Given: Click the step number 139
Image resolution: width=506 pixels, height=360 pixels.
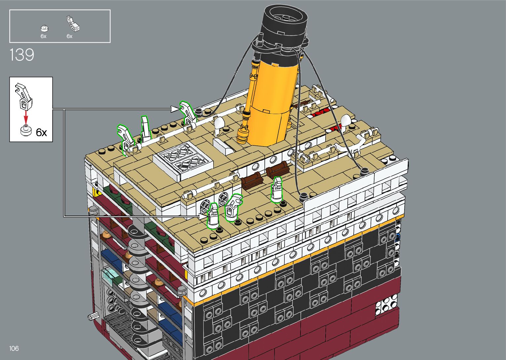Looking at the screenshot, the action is (22, 55).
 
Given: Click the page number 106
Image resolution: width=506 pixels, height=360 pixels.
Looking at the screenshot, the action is (14, 348).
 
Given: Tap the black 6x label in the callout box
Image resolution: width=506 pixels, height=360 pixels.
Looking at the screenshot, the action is (41, 132).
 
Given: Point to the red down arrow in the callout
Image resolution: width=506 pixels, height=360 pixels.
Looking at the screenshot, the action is (26, 117).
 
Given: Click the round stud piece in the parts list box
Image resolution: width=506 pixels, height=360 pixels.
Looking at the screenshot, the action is (45, 28).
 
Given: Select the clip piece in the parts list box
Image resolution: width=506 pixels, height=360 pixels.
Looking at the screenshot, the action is (73, 23).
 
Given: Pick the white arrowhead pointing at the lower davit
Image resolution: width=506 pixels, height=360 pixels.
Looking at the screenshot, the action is (203, 216).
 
